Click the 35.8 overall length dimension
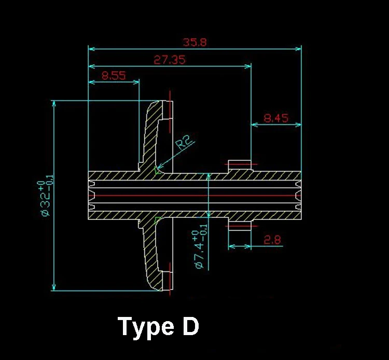[x=195, y=42]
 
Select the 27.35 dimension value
[x=170, y=60]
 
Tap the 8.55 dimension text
[x=114, y=75]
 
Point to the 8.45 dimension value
[x=276, y=118]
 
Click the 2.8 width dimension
[x=272, y=240]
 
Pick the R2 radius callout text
[x=184, y=142]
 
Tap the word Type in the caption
[x=146, y=327]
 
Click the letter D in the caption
[x=190, y=326]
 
